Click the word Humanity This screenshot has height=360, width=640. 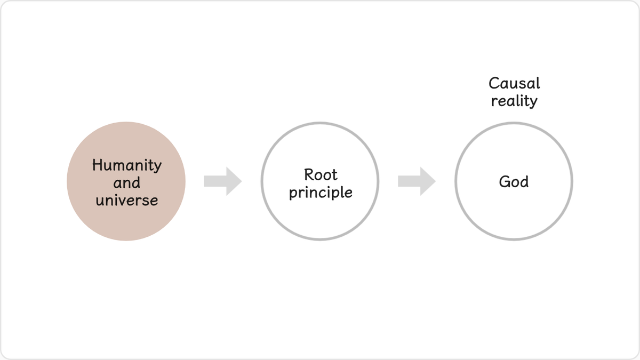coord(127,165)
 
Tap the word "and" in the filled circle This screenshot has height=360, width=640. coord(127,183)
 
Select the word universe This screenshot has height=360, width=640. coord(127,201)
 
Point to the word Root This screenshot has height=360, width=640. coord(321,174)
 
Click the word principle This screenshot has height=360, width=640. coord(321,193)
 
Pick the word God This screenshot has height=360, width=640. coord(514,182)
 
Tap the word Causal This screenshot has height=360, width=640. coord(514,83)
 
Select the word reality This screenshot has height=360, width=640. coord(514,101)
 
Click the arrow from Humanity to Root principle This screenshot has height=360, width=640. coord(223,181)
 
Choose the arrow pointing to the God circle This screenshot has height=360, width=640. coord(417,181)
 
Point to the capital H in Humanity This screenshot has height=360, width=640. coord(97,165)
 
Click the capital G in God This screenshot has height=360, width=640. coord(505,182)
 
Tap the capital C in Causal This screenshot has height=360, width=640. coord(494,83)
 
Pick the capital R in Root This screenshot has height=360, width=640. coord(309,174)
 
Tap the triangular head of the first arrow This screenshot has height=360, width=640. coord(234,181)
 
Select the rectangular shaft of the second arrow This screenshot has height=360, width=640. coord(409,181)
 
